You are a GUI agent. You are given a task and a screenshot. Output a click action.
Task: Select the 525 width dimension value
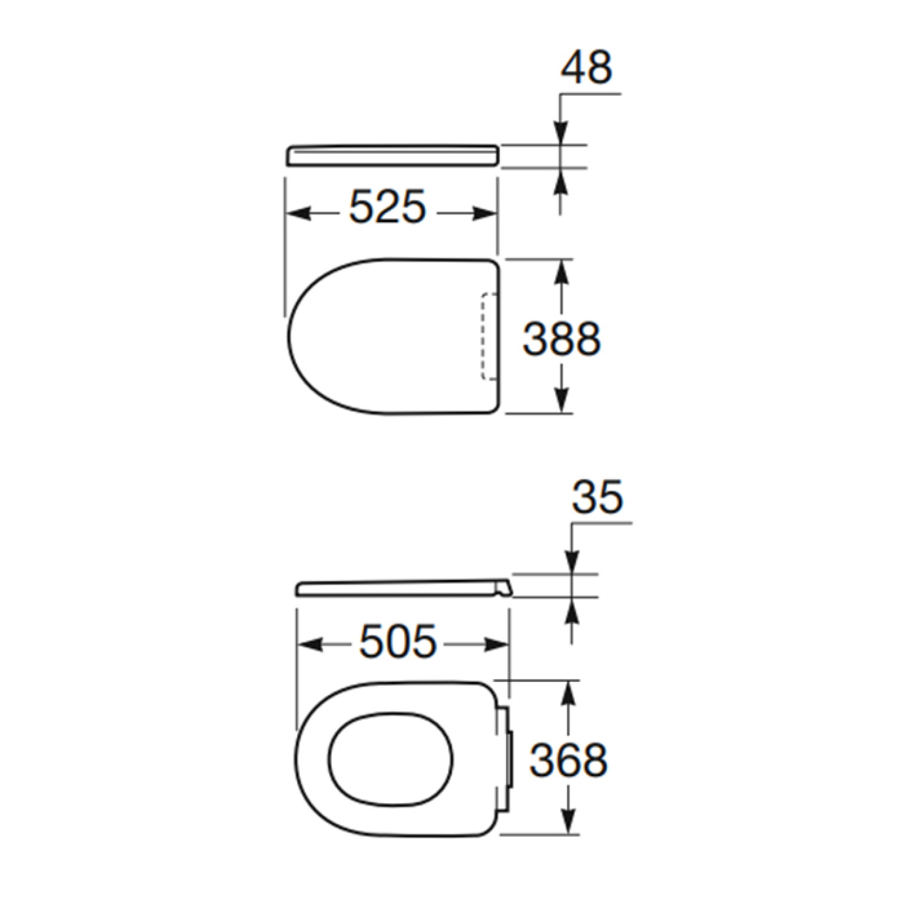(387, 207)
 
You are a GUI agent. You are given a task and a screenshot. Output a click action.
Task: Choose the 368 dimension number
(568, 760)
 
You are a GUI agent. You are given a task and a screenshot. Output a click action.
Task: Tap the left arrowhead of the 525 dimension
(298, 214)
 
